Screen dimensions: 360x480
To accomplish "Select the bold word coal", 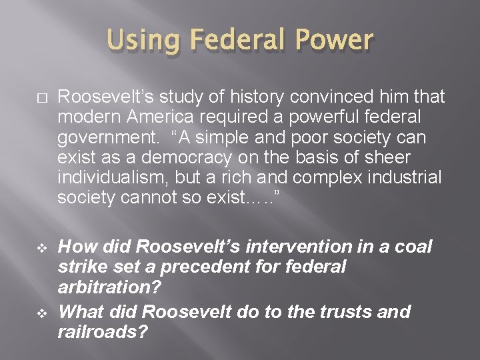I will pos(414,247).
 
